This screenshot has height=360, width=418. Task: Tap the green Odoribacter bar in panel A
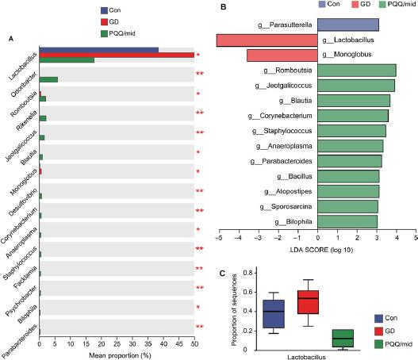(x=48, y=79)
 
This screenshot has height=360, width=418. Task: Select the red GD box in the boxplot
(x=307, y=302)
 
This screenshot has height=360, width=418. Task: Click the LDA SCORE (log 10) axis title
(x=317, y=251)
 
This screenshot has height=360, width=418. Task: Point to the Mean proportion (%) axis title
(x=117, y=354)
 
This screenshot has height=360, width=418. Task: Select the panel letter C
(x=221, y=274)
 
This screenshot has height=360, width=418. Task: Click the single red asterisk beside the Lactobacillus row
(x=198, y=55)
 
